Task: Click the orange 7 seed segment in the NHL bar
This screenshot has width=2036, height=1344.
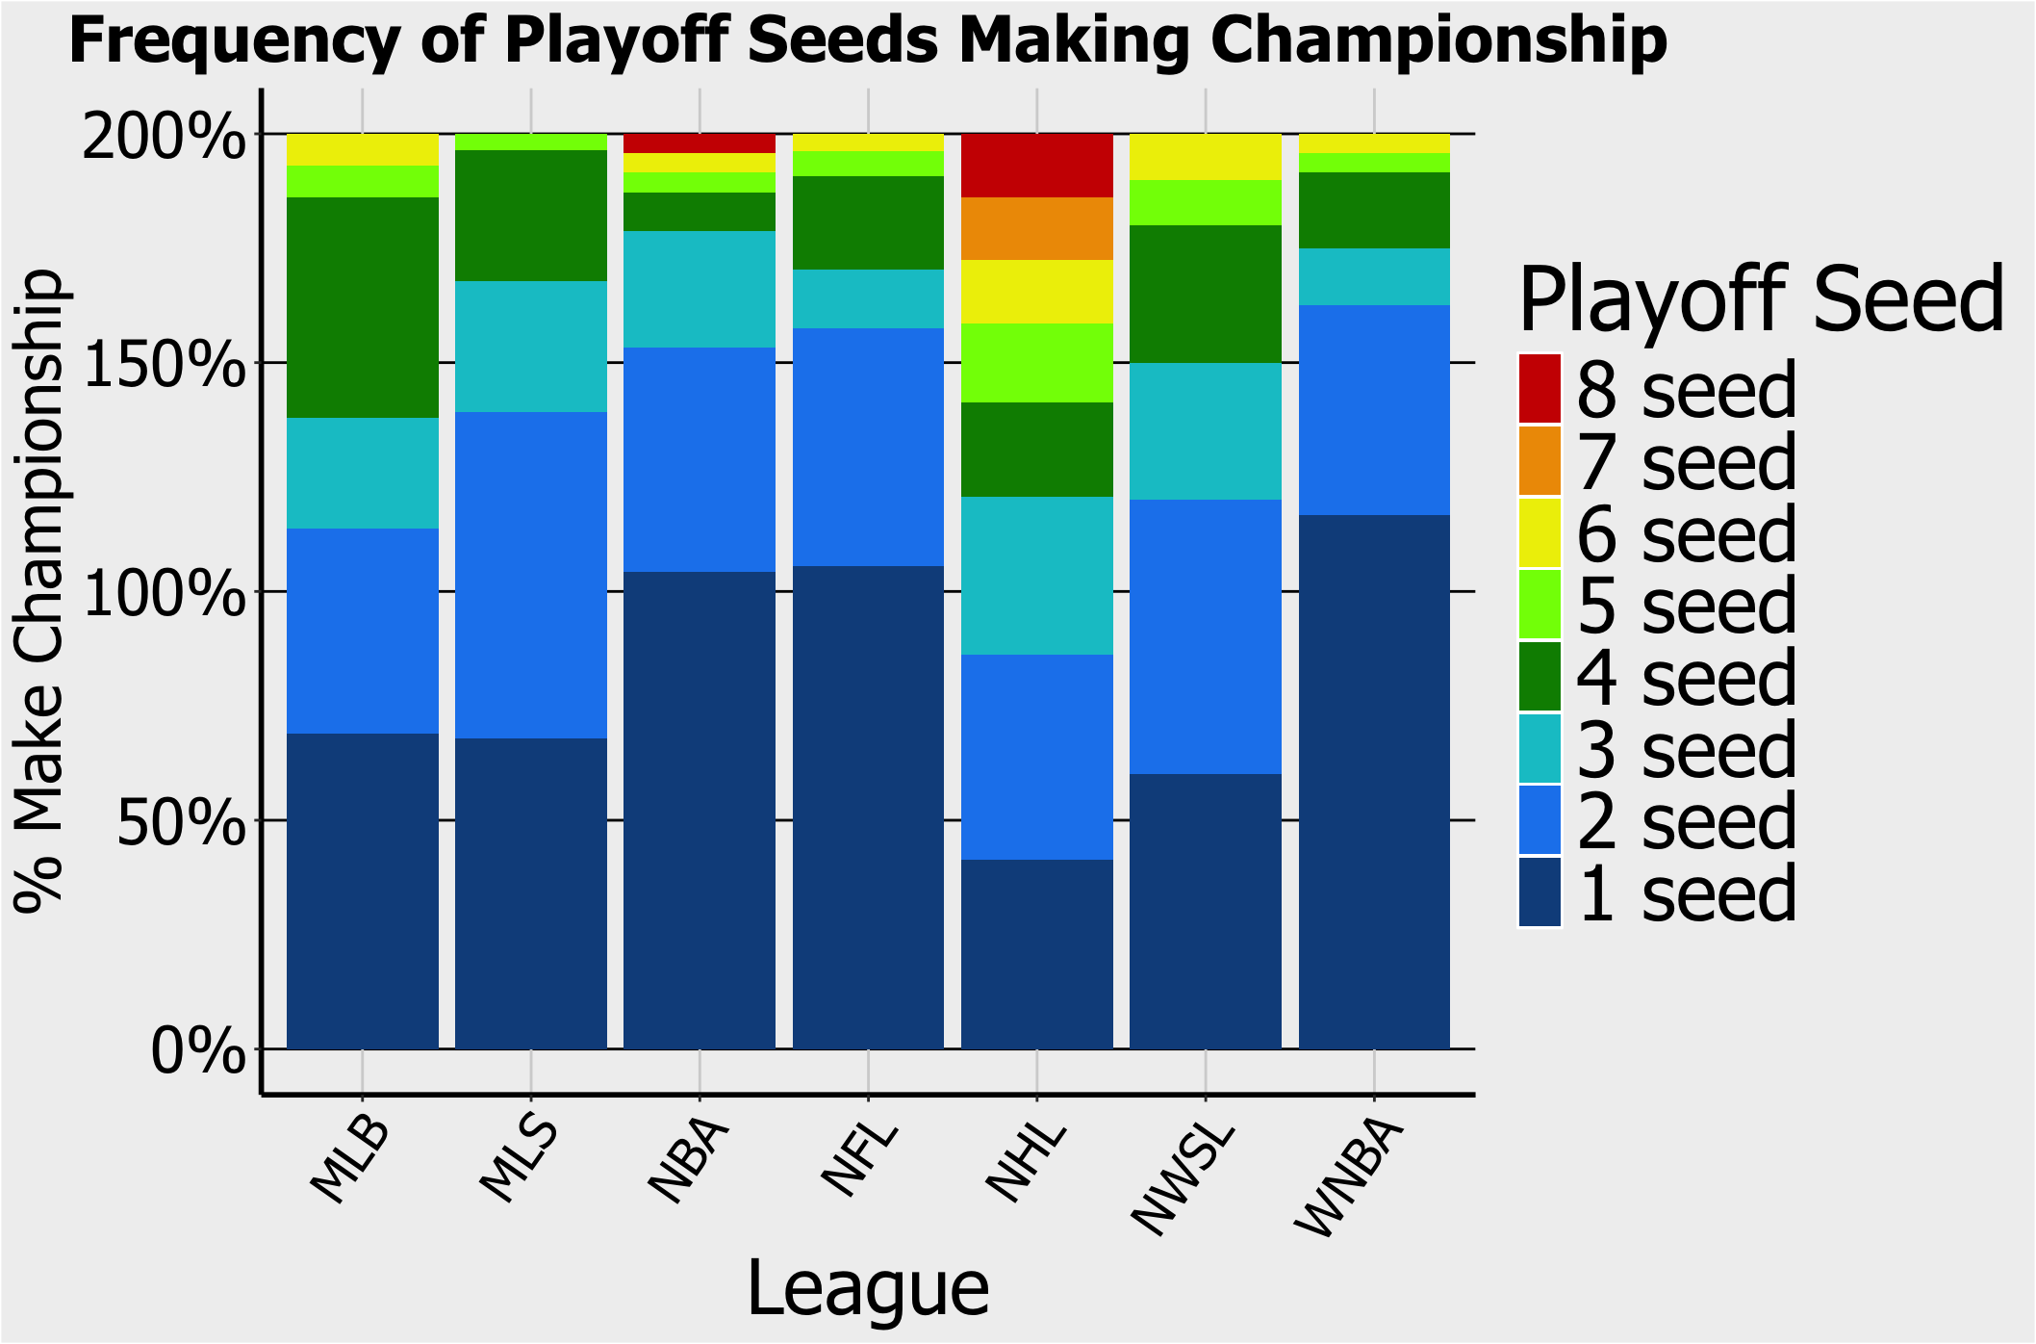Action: (x=1037, y=229)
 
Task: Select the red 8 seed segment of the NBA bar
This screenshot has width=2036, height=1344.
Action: (x=700, y=143)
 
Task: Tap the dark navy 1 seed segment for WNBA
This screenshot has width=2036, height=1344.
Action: (x=1374, y=782)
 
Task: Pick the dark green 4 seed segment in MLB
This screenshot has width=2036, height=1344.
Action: (x=363, y=308)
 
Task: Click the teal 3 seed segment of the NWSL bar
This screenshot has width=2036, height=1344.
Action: (x=1206, y=431)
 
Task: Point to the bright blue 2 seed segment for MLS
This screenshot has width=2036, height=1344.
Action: (x=531, y=576)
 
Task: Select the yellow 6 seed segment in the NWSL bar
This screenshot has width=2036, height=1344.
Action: (x=1206, y=157)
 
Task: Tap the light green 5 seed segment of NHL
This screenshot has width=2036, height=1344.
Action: (x=1037, y=363)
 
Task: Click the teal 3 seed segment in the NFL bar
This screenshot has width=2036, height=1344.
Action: (x=868, y=299)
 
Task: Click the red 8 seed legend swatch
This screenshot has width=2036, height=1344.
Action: (x=1540, y=389)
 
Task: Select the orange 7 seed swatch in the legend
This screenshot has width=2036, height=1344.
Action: (x=1540, y=461)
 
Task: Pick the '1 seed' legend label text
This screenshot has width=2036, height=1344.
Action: (x=1687, y=892)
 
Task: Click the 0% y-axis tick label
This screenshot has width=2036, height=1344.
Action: (x=197, y=1050)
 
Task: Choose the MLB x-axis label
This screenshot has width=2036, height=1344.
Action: (x=351, y=1161)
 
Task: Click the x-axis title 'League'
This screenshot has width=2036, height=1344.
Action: (x=868, y=1288)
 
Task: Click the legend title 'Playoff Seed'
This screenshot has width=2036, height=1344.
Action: (x=1761, y=299)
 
